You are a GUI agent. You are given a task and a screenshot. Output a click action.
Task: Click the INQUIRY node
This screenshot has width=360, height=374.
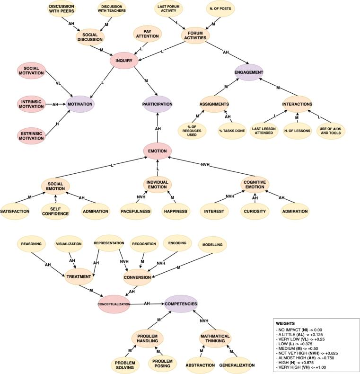[x=124, y=61]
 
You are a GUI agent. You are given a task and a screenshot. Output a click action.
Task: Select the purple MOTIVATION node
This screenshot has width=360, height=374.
[x=79, y=104]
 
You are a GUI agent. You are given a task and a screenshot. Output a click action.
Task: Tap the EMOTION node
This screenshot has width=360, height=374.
[x=157, y=151]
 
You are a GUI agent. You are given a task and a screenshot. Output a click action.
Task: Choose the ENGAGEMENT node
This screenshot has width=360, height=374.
[x=249, y=72]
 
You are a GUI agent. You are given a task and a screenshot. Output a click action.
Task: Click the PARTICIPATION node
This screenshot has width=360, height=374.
[x=158, y=104]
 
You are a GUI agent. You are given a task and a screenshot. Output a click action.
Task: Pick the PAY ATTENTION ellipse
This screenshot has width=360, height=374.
[x=147, y=34]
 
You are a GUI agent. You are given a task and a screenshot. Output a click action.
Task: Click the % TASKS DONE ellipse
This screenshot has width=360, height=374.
[x=232, y=130]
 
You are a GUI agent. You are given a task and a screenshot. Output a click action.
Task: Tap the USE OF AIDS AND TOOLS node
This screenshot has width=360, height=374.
[x=331, y=130]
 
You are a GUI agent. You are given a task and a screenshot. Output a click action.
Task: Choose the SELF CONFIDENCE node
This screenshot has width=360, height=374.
[x=55, y=211]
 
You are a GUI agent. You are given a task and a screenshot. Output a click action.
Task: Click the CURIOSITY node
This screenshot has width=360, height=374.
[x=255, y=211]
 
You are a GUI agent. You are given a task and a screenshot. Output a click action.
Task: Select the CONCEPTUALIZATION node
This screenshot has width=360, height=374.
[x=114, y=304]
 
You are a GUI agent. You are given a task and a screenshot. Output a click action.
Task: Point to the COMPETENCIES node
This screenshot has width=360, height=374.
[x=181, y=303]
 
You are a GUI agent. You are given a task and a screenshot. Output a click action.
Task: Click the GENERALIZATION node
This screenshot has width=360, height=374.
[x=236, y=365]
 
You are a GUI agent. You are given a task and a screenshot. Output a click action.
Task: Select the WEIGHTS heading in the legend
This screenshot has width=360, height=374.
[x=285, y=323]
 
